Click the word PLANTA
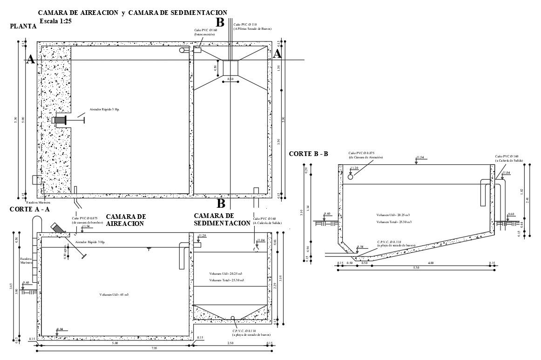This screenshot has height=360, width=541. (23, 27)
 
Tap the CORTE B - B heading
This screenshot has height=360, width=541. (308, 154)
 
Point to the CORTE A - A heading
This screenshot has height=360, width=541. (29, 210)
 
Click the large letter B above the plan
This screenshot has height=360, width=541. (220, 22)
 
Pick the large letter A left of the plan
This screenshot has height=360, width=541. (31, 60)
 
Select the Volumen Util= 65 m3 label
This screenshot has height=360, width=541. (114, 295)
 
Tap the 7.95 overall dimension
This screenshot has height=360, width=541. (154, 349)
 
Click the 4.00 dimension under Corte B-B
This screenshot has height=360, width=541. (430, 264)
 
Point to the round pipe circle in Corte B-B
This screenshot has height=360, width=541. (351, 177)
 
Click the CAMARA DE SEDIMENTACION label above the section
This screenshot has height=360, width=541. (222, 220)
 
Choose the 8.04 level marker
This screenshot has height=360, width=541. (60, 329)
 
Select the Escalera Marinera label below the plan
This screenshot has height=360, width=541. (38, 202)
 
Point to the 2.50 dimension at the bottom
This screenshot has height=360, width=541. (230, 344)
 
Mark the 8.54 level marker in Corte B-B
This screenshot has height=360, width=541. (359, 247)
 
